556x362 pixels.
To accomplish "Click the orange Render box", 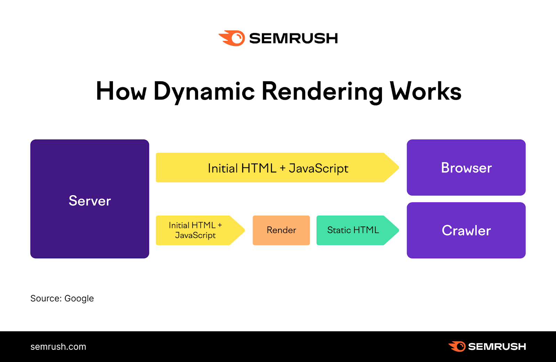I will [x=281, y=230].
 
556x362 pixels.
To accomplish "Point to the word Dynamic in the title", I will [x=204, y=91].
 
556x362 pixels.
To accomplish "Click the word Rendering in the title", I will [x=322, y=91].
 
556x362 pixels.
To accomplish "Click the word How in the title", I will [x=121, y=91].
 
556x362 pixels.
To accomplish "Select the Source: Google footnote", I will [x=62, y=298].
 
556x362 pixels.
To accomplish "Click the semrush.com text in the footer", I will [x=58, y=347].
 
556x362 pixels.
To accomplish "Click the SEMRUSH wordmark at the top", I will [x=294, y=38].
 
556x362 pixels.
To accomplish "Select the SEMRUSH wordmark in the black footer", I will [x=497, y=347].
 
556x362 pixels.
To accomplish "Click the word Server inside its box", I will [x=90, y=201].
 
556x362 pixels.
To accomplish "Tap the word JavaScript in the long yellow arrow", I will [x=318, y=168].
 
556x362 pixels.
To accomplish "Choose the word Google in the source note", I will [x=79, y=298].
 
